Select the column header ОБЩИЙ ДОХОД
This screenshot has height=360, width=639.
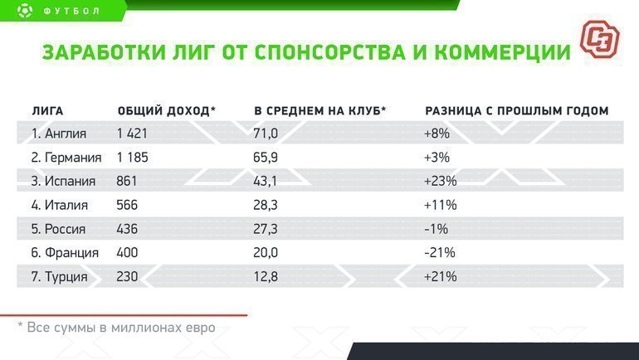point(167,110)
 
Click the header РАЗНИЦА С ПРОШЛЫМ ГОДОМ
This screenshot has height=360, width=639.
point(516,110)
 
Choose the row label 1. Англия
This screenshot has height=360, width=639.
point(59,133)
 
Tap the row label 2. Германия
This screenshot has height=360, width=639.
point(66,157)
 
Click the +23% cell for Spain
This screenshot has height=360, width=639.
point(440,181)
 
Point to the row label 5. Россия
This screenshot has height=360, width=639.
point(61,229)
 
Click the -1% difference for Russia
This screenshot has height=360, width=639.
point(437,229)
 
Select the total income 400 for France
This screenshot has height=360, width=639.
point(128,253)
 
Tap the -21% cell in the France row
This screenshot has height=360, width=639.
point(440,253)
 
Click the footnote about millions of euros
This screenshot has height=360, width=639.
point(116,328)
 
